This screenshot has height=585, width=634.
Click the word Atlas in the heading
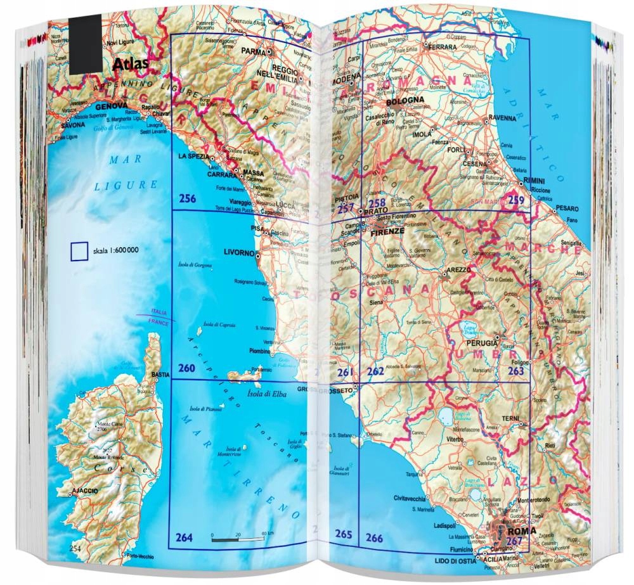(x=130, y=64)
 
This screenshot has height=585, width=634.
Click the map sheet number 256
(x=187, y=198)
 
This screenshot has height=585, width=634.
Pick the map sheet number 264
(x=184, y=538)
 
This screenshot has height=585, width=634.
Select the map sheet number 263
(x=517, y=371)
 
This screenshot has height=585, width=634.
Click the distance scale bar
(x=238, y=539)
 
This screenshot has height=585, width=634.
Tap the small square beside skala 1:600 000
(x=79, y=251)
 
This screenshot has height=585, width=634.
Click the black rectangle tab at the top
(x=86, y=44)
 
